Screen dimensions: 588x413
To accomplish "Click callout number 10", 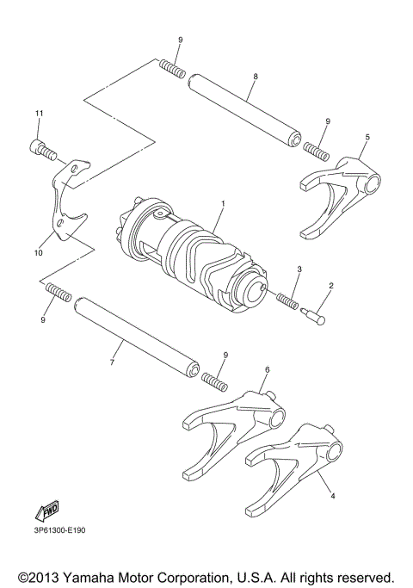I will (38, 253).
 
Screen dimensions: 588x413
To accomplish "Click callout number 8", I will (255, 77).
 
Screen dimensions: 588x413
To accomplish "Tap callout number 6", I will (267, 369).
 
